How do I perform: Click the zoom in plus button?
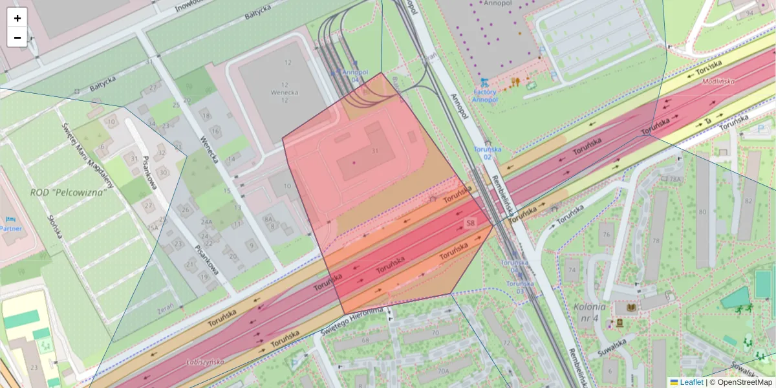pos(17,18)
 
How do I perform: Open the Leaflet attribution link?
pos(691,382)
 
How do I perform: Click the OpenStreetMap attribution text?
pos(744,382)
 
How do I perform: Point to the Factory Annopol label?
pos(484,96)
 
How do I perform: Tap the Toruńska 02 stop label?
pos(488,153)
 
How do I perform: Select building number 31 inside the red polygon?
pos(374,150)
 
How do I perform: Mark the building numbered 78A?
pos(676,179)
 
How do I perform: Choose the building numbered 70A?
pos(443,371)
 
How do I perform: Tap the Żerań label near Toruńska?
pos(167,310)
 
